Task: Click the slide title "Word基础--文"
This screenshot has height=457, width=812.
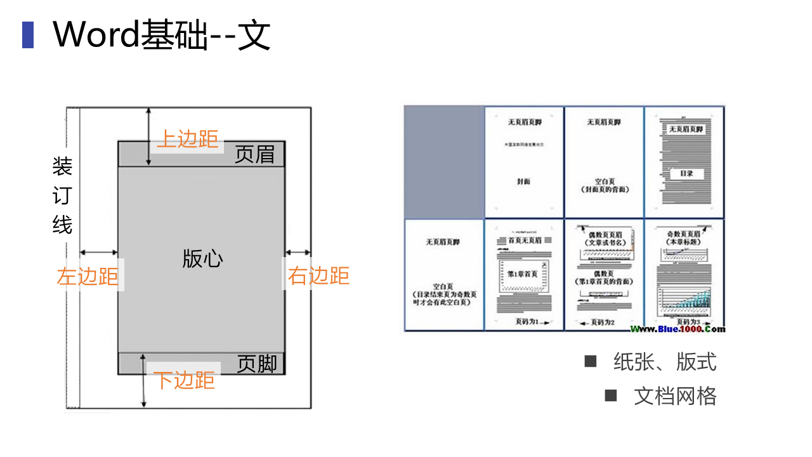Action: click(x=162, y=35)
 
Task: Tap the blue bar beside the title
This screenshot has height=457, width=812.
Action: click(x=27, y=35)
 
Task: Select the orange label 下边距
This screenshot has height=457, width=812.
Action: click(x=184, y=380)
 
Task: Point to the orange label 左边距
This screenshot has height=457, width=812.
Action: click(x=88, y=277)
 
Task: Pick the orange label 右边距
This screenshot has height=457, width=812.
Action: click(x=318, y=276)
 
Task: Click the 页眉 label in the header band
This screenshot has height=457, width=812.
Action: click(x=254, y=154)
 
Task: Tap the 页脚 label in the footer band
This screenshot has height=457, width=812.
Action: click(x=257, y=364)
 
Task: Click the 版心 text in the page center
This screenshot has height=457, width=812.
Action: click(x=203, y=259)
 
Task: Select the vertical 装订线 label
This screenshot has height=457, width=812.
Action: click(x=62, y=195)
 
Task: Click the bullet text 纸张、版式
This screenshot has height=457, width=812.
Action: click(x=665, y=362)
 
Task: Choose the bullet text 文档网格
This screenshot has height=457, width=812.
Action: click(x=675, y=396)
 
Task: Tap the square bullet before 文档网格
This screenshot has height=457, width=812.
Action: click(x=611, y=395)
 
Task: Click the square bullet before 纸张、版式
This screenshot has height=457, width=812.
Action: click(x=591, y=361)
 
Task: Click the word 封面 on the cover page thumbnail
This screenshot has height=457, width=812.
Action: click(x=523, y=182)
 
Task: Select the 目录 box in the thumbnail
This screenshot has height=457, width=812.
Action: click(x=686, y=173)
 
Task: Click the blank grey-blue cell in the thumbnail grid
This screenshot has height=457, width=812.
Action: click(x=443, y=162)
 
